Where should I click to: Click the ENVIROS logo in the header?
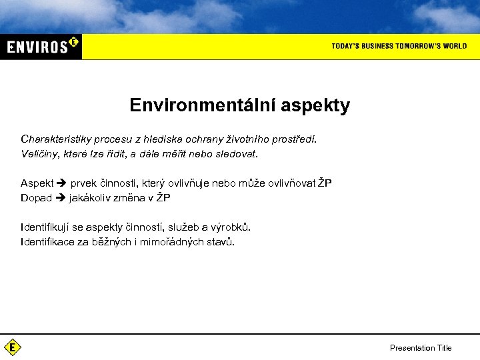tap(41, 46)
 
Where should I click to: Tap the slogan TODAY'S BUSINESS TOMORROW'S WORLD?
tap(399, 46)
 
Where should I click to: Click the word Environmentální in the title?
tap(203, 105)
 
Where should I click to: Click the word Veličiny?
tap(39, 153)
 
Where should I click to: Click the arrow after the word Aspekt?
tap(62, 183)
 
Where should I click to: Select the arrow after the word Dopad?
tap(60, 197)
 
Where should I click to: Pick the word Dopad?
tap(36, 197)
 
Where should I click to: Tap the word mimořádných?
tap(167, 241)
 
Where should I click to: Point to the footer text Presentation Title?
tap(420, 348)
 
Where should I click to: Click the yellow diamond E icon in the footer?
tap(12, 347)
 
